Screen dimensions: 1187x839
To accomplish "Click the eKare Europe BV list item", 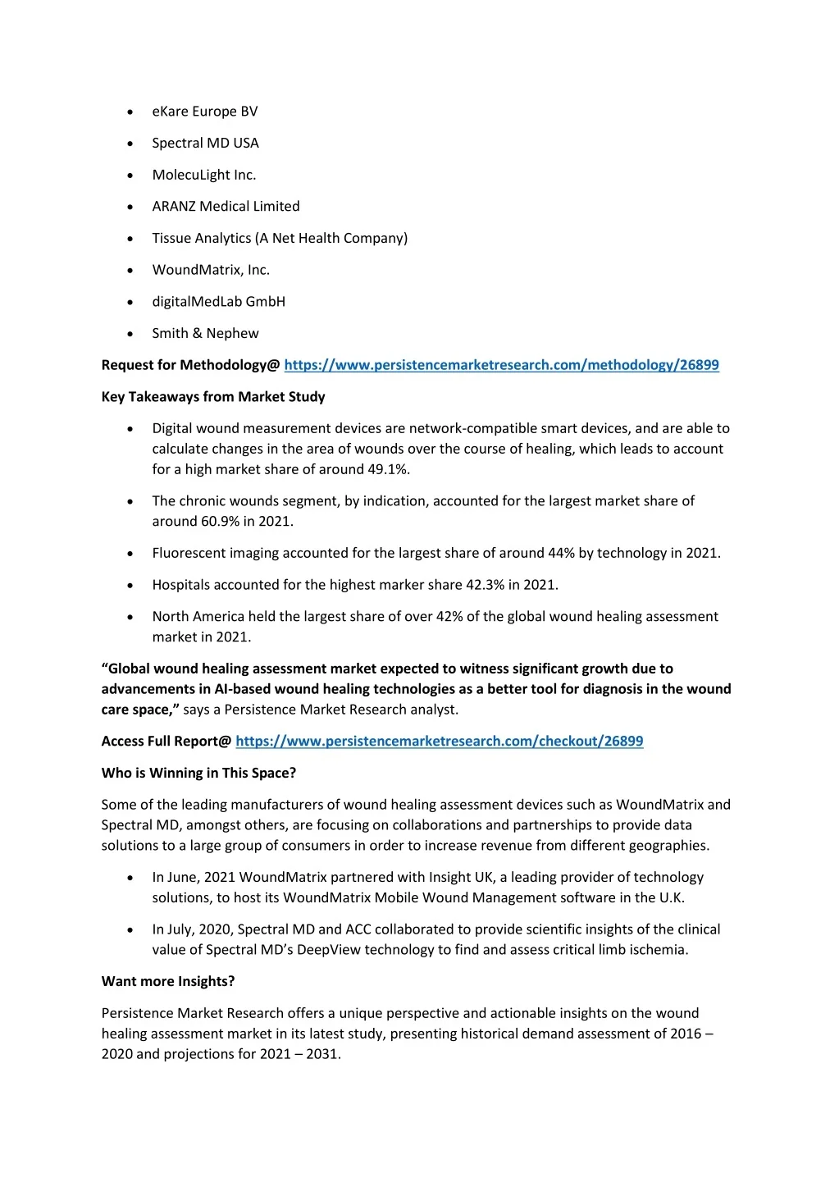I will point(204,112).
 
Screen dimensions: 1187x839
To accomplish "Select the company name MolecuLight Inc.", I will point(203,175).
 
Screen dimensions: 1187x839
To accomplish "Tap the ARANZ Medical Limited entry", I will point(226,207).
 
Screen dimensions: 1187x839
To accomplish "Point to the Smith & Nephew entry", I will point(205,333).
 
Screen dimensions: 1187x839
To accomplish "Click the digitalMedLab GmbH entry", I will point(218,302).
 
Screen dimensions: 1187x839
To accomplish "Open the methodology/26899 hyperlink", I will point(501,365).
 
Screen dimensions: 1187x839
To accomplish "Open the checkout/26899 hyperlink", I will point(439,742).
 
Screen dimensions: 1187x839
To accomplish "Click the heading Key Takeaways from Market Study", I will point(213,397).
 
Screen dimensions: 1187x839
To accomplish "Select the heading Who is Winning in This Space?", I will point(198,773).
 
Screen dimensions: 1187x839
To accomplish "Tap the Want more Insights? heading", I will point(168,981).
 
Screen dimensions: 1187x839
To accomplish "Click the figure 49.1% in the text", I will point(389,469).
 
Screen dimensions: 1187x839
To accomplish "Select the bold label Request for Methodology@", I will point(190,365).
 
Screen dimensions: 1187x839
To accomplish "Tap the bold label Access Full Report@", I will point(166,742).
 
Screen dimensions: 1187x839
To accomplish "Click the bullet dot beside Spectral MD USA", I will point(130,144).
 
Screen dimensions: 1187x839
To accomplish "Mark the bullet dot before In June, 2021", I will point(130,878).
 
